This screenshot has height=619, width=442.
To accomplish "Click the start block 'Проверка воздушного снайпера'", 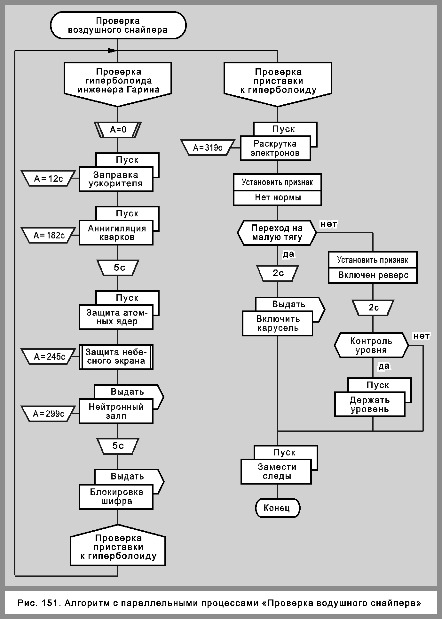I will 118,25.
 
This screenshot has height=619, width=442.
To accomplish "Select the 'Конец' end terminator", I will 277,508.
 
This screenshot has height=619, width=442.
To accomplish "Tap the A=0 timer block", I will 118,130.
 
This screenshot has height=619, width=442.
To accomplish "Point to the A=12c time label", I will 49,179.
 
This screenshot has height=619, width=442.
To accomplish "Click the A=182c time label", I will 49,236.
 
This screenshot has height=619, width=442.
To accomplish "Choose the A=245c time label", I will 49,356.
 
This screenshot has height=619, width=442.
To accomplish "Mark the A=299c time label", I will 49,414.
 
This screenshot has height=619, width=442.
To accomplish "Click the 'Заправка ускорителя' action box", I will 116,179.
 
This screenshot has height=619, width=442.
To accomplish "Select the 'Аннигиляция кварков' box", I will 116,233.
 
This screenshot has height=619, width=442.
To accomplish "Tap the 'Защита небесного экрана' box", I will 116,357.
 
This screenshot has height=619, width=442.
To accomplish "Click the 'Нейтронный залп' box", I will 116,412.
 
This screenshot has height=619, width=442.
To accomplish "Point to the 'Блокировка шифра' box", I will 116,496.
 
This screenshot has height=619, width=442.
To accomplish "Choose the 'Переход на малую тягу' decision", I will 277,233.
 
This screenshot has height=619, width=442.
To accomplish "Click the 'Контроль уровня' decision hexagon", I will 371,346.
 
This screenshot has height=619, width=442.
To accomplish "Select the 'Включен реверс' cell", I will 373,275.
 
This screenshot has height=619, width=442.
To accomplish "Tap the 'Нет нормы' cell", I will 277,198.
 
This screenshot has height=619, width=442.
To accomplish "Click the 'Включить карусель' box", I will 277,324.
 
